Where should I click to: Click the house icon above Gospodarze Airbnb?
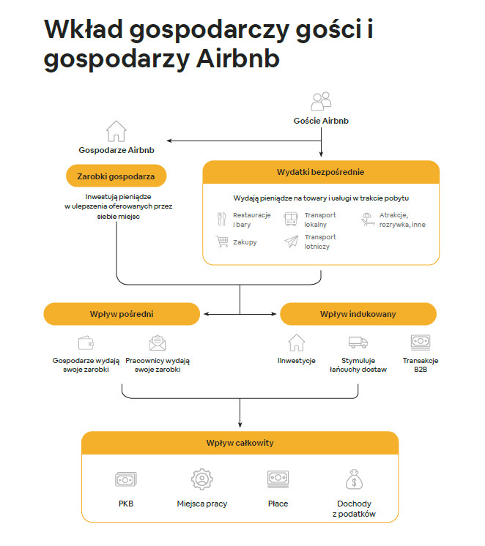[116, 131]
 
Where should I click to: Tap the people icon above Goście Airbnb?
[321, 101]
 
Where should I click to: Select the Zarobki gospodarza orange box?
[116, 176]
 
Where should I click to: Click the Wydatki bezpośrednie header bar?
[321, 171]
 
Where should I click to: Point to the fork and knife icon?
[221, 219]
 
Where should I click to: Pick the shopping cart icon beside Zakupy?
[221, 242]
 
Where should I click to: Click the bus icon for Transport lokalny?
[291, 219]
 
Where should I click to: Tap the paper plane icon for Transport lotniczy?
[291, 242]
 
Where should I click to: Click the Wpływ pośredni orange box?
[122, 314]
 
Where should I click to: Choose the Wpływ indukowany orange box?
[358, 314]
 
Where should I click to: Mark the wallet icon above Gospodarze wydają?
[86, 343]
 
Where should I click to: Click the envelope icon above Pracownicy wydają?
[157, 343]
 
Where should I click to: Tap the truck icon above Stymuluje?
[358, 342]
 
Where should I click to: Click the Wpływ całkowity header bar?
[240, 443]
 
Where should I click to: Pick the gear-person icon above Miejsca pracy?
[201, 479]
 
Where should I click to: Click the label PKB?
[126, 504]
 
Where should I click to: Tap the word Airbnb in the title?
[239, 59]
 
